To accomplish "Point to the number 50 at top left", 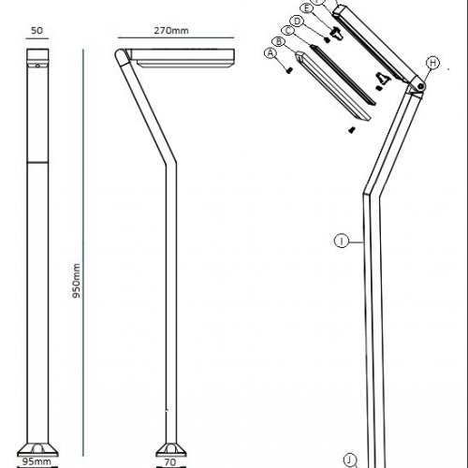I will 37,30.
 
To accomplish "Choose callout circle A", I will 271,53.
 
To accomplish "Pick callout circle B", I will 278,41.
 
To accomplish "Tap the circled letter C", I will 287,31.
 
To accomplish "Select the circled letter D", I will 297,21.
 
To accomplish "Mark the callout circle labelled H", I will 432,63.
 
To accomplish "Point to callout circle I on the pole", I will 343,241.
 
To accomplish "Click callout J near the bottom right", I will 349,459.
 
